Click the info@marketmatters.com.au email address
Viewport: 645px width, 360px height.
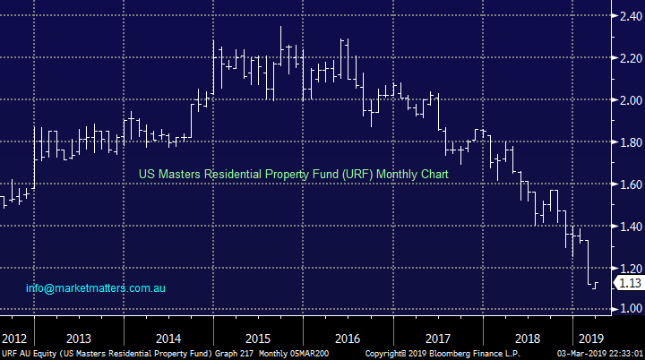pyautogui.click(x=96, y=288)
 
